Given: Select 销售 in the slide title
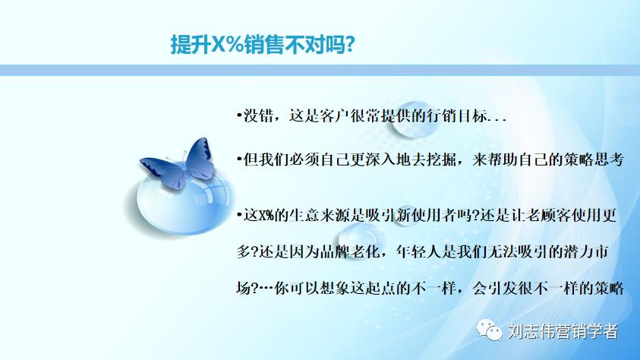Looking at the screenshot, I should [266, 45].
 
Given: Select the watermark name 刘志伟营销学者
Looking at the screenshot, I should [563, 332].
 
